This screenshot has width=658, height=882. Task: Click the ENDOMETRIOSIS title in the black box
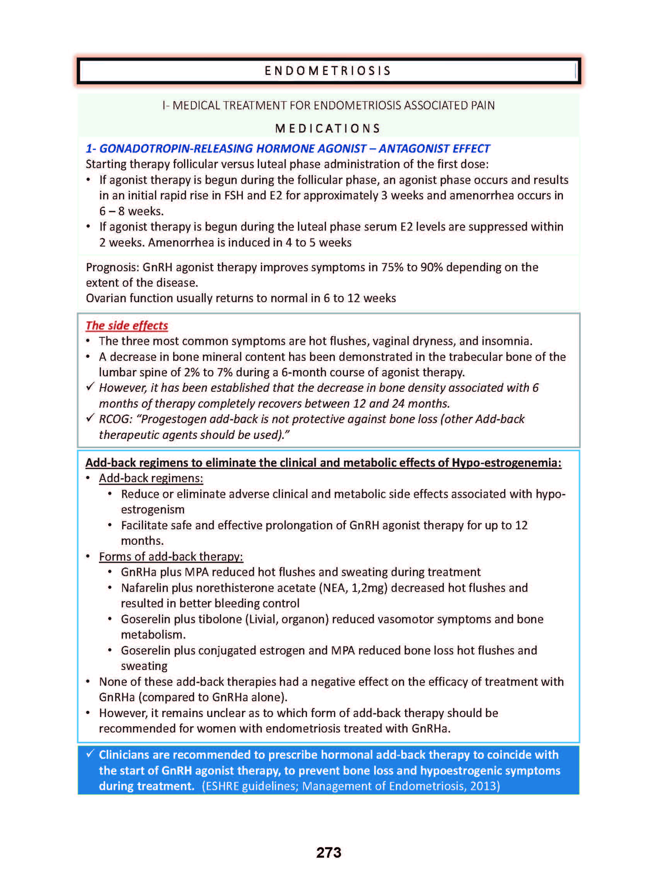click(x=328, y=71)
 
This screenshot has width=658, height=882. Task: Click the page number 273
click(x=329, y=852)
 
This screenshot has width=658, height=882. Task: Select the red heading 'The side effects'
click(x=127, y=325)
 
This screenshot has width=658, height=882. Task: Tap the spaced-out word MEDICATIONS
click(x=328, y=128)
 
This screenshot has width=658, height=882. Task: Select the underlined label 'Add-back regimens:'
click(x=151, y=478)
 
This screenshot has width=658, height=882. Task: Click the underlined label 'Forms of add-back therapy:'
click(x=171, y=556)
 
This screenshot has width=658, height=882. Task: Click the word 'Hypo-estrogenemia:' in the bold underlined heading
click(x=506, y=462)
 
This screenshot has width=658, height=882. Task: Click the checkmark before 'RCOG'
click(x=90, y=418)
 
